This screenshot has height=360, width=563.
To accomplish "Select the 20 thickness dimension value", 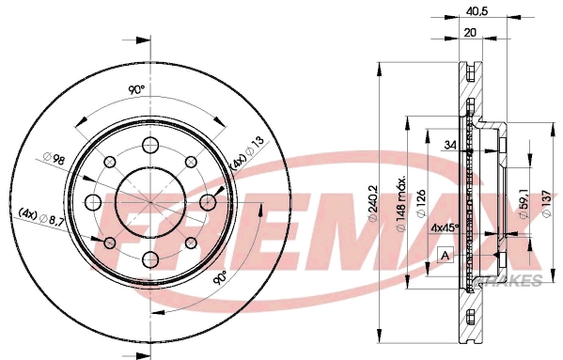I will [x=470, y=32].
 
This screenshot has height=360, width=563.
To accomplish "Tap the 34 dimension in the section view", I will [x=449, y=145].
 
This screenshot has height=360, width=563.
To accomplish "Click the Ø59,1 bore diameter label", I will [x=523, y=199].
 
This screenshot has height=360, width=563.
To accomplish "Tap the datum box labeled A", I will [x=445, y=255].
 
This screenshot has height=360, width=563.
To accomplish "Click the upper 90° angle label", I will [x=135, y=90].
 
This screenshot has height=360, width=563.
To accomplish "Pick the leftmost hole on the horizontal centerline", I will [x=92, y=202].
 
